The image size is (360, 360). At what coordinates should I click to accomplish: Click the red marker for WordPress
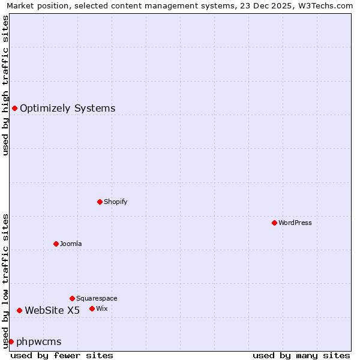[x=274, y=223]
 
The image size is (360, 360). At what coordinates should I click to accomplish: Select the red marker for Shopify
[x=100, y=202]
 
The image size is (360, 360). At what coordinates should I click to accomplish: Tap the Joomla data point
[x=56, y=244]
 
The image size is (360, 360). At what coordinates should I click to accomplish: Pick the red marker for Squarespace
[x=72, y=298]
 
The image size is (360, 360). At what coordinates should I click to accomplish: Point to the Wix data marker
[x=92, y=308]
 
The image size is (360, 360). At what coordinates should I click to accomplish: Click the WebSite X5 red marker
[x=19, y=310]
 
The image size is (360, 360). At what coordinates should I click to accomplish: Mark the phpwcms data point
[x=11, y=341]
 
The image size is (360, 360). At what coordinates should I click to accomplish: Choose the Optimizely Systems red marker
[x=14, y=108]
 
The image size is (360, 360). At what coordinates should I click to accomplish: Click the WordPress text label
[x=295, y=223]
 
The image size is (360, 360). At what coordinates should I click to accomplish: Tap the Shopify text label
[x=116, y=202]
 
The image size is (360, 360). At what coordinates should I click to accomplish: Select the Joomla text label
[x=71, y=244]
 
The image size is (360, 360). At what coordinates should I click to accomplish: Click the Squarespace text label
[x=97, y=298]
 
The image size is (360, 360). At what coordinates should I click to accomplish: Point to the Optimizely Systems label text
[x=68, y=109]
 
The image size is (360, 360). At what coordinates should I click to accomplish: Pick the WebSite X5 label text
[x=52, y=310]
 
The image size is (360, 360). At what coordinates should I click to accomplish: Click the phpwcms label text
[x=39, y=342]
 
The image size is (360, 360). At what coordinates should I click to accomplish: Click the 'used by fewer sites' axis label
[x=62, y=355]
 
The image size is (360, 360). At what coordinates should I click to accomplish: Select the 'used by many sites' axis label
[x=301, y=355]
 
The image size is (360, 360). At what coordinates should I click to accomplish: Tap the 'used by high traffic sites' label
[x=5, y=85]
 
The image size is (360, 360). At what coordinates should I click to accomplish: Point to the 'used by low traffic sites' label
[x=5, y=281]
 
